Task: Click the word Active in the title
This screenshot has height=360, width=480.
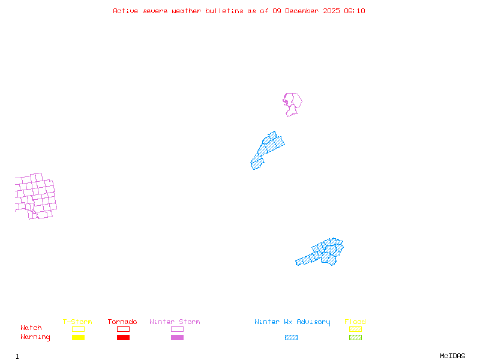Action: coord(125,11)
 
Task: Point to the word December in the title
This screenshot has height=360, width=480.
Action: coord(304,11)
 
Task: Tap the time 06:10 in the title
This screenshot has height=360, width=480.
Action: coord(354,11)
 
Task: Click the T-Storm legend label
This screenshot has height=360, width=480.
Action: coord(77,322)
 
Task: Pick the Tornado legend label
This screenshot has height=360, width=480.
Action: coord(122,322)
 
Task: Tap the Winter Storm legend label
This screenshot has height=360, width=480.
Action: coord(175,322)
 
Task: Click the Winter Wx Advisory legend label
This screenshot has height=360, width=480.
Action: coord(292,322)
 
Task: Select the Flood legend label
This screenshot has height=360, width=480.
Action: coord(355,322)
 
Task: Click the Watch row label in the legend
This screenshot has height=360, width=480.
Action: coord(31,328)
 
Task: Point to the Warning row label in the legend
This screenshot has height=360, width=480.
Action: coord(35,337)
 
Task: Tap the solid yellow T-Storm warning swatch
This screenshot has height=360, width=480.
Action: coord(78,338)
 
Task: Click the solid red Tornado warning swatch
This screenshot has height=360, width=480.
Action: coord(123,338)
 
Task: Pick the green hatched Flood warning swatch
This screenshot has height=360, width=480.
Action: coord(355,338)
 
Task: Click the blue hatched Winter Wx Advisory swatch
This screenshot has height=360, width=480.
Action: coord(291,338)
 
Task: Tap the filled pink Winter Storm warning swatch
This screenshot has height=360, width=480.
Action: coord(177,338)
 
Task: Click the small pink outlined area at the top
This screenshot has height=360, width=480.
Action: coord(292,103)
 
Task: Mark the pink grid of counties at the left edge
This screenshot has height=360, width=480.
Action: coord(35,196)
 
